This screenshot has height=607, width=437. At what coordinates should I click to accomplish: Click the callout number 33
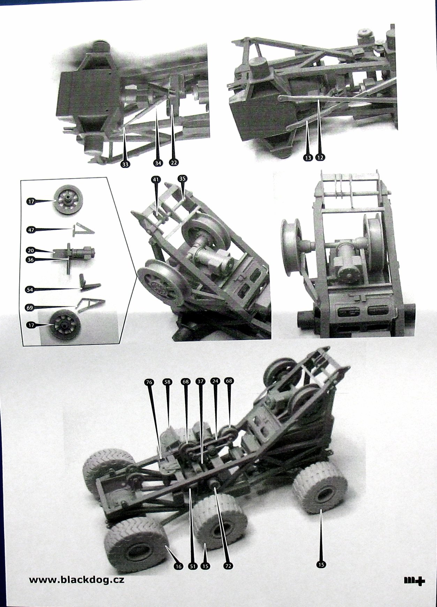click(x=125, y=164)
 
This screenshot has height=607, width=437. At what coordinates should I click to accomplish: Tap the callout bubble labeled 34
click(x=158, y=162)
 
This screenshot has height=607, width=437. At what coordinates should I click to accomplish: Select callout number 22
click(x=173, y=162)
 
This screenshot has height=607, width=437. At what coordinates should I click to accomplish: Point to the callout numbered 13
click(x=308, y=158)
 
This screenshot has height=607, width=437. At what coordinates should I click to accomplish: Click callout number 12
click(x=320, y=158)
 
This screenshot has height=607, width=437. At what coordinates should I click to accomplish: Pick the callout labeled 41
click(x=156, y=179)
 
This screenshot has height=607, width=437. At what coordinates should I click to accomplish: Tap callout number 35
click(x=182, y=178)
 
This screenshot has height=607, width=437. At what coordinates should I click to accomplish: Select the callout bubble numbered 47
click(x=31, y=229)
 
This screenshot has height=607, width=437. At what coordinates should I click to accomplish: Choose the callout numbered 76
click(x=149, y=382)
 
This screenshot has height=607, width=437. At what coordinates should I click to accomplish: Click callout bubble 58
click(x=167, y=382)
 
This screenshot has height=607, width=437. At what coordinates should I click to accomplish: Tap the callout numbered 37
click(x=200, y=381)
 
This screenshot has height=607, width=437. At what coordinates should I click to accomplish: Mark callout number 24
click(x=215, y=381)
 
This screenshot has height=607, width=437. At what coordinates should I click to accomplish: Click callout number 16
click(x=178, y=566)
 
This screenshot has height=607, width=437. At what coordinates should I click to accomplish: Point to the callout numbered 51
click(x=192, y=566)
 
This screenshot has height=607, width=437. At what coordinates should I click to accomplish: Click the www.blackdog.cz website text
click(x=76, y=580)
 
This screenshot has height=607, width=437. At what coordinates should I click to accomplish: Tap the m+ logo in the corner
click(x=414, y=580)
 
